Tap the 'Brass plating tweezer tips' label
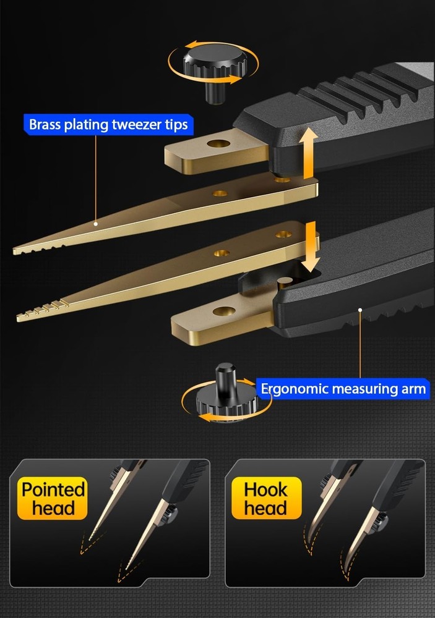108,125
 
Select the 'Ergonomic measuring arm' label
343,389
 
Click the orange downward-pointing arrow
312,247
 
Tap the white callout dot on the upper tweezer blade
95,224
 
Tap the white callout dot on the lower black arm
360,310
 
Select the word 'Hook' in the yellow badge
266,490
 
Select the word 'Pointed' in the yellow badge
53,490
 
